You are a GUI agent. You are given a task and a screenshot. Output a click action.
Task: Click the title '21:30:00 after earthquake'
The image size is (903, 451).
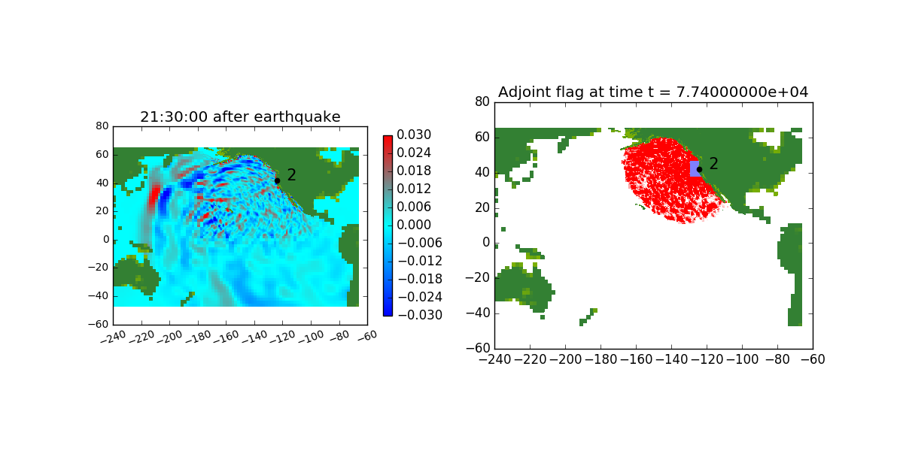[240, 117]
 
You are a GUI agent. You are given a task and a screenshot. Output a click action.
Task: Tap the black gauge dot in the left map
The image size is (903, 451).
[278, 181]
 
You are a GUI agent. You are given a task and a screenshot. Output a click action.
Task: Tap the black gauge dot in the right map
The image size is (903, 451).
[699, 170]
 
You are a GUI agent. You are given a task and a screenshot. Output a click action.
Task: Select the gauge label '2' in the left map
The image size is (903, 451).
[291, 174]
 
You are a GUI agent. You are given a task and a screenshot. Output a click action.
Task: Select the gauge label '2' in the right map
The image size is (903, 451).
[713, 164]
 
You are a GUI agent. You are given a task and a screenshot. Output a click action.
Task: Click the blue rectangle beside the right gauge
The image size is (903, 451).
[695, 168]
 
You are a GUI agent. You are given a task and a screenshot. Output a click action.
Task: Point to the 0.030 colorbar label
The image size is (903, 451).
[414, 135]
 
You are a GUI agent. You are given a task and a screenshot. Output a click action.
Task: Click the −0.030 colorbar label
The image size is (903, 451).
[420, 315]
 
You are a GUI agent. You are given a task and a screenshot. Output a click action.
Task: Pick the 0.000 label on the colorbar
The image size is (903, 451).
[414, 225]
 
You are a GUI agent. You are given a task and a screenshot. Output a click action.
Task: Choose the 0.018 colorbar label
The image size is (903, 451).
[414, 171]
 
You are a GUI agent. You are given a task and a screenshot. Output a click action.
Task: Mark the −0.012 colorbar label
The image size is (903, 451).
[420, 261]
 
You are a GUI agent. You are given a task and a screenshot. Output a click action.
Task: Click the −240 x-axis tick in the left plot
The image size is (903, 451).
[114, 337]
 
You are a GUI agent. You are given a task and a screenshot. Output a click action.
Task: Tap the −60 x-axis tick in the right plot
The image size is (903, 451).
[813, 359]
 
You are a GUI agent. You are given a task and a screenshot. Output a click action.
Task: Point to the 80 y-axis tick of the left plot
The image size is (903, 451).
[102, 126]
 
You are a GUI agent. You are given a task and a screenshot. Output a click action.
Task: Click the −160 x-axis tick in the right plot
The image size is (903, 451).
[636, 359]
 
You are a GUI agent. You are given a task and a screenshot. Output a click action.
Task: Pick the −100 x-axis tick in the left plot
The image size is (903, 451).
[311, 337]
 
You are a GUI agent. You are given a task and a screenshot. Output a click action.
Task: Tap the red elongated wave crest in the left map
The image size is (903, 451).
[154, 197]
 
